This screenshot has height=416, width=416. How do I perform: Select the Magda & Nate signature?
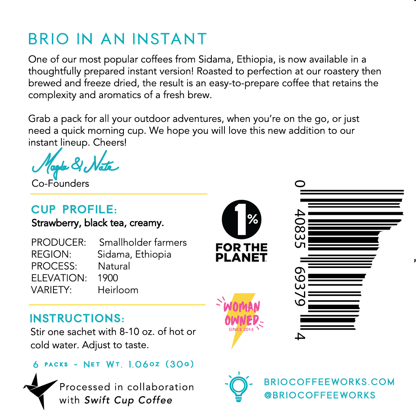click(x=75, y=164)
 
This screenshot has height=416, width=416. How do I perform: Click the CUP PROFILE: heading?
click(x=74, y=209)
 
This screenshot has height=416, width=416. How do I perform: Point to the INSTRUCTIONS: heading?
click(x=77, y=319)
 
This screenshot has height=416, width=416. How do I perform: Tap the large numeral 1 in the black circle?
click(x=239, y=219)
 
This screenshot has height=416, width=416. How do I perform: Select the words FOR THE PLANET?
click(x=241, y=253)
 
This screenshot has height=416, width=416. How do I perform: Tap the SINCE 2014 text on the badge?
click(x=241, y=329)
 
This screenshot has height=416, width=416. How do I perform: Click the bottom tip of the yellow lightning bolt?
click(x=232, y=348)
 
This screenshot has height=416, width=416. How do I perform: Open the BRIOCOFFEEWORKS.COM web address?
click(x=329, y=382)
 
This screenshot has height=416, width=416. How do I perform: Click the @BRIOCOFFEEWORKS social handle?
click(x=319, y=395)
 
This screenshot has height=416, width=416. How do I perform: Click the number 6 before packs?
click(x=36, y=365)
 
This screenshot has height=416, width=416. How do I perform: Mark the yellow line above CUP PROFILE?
click(x=119, y=194)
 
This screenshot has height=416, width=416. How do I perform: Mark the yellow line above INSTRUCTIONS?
click(x=117, y=305)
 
